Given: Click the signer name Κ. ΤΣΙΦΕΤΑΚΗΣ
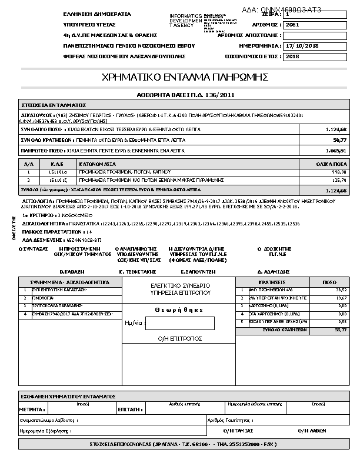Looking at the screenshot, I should tap(137, 272).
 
